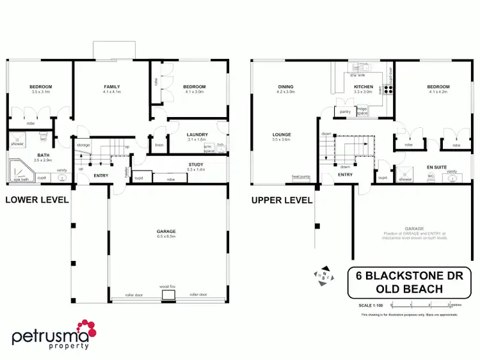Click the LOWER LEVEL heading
tap(36, 200)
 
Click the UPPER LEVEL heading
tap(282, 200)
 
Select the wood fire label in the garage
tap(169, 287)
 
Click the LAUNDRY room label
tap(197, 134)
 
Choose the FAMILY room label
tap(112, 87)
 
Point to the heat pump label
tap(300, 176)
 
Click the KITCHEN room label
tap(364, 87)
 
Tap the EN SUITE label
tap(436, 166)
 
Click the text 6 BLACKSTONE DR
tap(409, 276)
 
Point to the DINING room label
tap(285, 87)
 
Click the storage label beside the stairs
tap(83, 145)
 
